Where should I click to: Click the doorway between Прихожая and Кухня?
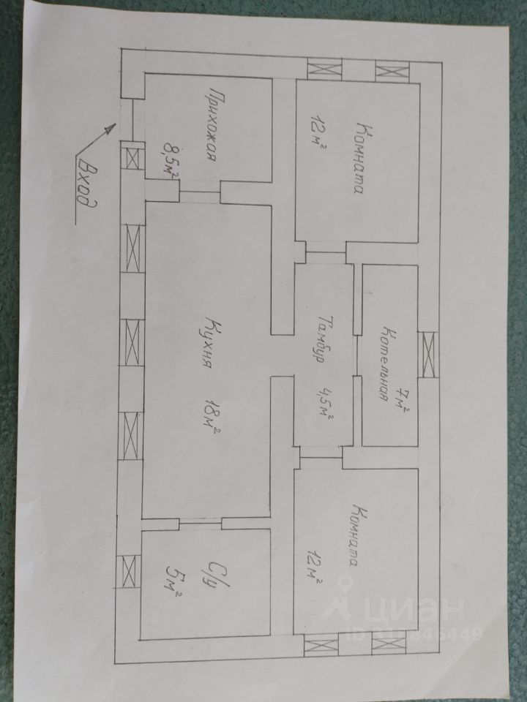click(x=199, y=194)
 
